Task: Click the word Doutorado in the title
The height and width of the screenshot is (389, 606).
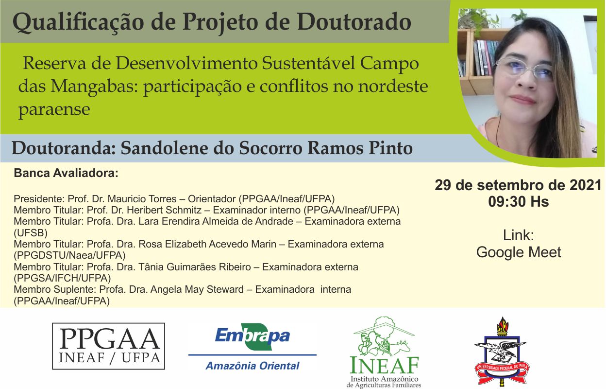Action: [x=354, y=22]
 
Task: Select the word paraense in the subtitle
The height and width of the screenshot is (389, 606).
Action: [x=54, y=110]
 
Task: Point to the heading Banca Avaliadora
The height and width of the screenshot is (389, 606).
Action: [x=66, y=173]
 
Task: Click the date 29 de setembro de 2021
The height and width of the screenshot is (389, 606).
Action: [x=518, y=185]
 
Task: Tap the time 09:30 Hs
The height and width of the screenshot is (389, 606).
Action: [x=518, y=202]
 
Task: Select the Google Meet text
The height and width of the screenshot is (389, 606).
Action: [x=519, y=252]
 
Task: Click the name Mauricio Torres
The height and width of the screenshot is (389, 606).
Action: [x=142, y=199]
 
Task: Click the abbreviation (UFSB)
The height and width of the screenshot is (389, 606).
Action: [x=31, y=233]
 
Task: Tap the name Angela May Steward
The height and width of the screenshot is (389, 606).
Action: [x=197, y=289]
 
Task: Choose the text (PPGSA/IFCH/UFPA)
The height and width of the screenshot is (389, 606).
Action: [x=62, y=278]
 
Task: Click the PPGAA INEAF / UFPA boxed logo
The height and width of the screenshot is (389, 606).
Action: [x=108, y=346]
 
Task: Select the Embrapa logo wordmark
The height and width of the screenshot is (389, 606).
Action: [x=252, y=336]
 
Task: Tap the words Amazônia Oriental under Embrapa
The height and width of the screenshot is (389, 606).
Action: [x=252, y=366]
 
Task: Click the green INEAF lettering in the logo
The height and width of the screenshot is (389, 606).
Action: [x=385, y=365]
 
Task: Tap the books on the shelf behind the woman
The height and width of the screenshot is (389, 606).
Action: [x=486, y=57]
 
